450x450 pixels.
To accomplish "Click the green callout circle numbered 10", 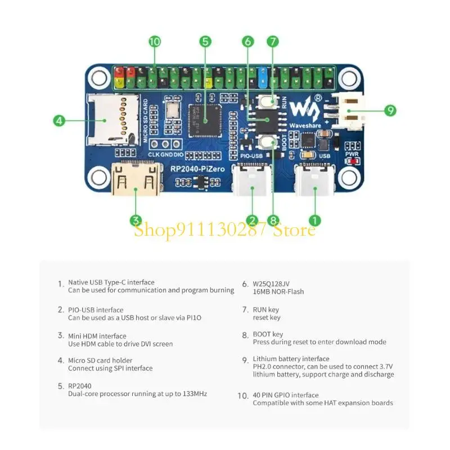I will pyautogui.click(x=155, y=41).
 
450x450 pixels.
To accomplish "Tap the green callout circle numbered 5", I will pyautogui.click(x=205, y=41).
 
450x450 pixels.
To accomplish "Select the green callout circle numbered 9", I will pyautogui.click(x=390, y=110).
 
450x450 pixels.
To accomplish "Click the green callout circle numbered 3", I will pyautogui.click(x=135, y=220).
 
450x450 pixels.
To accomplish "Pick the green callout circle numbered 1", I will pyautogui.click(x=315, y=220).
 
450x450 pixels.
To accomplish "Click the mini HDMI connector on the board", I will pyautogui.click(x=135, y=178).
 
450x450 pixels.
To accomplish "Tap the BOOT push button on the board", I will pyautogui.click(x=268, y=141).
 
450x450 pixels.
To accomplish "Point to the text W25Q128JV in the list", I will pyautogui.click(x=272, y=284).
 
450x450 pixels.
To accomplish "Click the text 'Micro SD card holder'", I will pyautogui.click(x=100, y=361).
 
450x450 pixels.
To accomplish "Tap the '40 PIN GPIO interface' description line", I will pyautogui.click(x=285, y=395).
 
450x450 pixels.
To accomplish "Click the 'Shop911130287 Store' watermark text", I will pyautogui.click(x=224, y=230).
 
